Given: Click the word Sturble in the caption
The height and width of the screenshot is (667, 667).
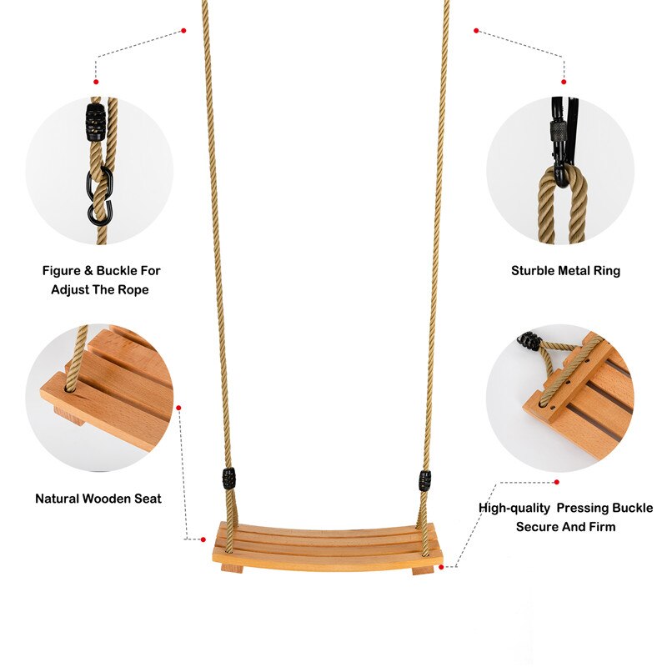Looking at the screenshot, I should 531,271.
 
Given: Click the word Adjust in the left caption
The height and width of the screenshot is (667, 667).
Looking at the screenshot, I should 71,290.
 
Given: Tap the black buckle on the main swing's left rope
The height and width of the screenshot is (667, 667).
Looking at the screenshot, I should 228,479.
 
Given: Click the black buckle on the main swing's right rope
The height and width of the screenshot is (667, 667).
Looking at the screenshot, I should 425,481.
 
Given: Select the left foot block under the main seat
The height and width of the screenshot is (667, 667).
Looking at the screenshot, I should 231,569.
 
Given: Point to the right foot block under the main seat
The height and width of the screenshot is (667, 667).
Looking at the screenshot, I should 423,570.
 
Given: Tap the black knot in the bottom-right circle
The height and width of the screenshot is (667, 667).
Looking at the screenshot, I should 528,340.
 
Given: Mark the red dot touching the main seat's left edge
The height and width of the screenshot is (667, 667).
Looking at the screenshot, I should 203,539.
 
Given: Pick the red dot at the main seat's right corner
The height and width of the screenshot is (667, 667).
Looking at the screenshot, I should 442,566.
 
